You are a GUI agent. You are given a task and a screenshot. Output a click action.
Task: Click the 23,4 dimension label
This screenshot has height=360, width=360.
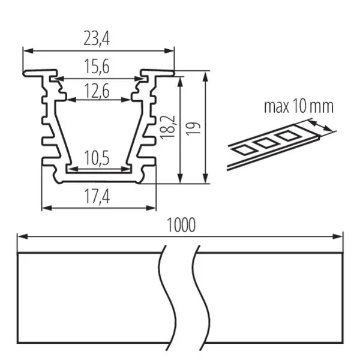tap(97, 38)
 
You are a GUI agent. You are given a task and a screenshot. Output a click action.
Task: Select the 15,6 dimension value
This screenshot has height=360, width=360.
tap(97, 67)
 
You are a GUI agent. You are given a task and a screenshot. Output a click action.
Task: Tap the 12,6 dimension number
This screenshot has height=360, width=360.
tap(97, 91)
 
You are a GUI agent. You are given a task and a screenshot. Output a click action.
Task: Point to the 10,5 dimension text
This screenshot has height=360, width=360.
tap(97, 158)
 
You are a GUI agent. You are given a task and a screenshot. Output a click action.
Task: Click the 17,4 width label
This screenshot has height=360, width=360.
tap(97, 197)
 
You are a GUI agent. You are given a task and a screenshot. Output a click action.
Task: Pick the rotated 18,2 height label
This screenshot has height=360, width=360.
tap(168, 127)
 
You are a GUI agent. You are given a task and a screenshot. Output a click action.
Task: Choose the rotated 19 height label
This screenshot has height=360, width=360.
tap(194, 129)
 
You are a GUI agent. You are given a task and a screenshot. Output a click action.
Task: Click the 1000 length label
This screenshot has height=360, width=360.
tap(181, 225)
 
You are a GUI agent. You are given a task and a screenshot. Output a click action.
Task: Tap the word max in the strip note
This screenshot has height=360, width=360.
tap(277, 107)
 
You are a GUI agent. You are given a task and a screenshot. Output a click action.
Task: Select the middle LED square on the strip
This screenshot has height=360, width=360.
tap(265, 143)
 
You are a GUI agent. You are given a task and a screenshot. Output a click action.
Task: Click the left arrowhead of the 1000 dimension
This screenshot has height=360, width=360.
tap(23, 236)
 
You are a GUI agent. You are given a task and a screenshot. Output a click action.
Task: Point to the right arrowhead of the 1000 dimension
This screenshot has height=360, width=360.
tap(338, 236)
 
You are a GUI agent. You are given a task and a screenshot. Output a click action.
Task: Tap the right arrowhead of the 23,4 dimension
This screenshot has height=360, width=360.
tap(169, 51)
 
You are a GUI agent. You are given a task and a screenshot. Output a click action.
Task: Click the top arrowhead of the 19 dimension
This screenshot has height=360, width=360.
tap(206, 76)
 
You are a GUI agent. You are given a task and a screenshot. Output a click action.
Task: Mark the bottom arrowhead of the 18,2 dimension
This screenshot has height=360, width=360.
tap(181, 178)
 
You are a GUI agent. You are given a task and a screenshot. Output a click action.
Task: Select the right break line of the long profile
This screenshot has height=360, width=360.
tap(200, 298)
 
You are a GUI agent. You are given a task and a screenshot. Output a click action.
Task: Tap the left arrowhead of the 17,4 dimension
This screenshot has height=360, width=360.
tap(47, 208)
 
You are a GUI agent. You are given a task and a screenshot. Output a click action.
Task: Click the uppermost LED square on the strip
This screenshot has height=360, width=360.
tap(287, 136)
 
